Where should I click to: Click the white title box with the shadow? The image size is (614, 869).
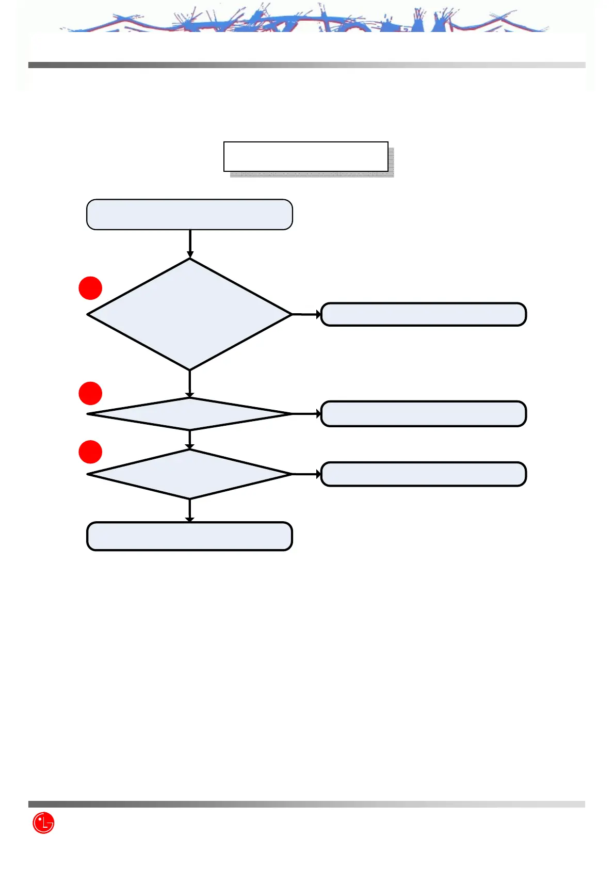(x=305, y=156)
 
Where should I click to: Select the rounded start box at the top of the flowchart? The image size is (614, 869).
(x=189, y=214)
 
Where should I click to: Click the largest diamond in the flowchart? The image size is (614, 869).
(x=189, y=314)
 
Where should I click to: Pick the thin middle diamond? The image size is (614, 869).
(x=189, y=413)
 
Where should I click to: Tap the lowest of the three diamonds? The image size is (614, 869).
(x=189, y=474)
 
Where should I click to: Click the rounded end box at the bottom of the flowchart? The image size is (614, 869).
(x=189, y=536)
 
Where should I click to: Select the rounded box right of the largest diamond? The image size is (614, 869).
(x=423, y=314)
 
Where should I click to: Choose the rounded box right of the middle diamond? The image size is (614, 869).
(x=423, y=413)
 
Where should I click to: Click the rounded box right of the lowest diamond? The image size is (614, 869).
(x=423, y=474)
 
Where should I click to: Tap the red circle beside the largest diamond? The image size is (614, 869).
(x=90, y=288)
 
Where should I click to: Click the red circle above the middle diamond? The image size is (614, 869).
(x=90, y=393)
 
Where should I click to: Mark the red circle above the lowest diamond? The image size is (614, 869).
(x=90, y=452)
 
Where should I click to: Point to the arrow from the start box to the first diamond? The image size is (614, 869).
(x=190, y=244)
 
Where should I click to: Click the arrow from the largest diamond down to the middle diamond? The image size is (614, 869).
(x=190, y=384)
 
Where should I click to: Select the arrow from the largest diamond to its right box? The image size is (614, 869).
(x=306, y=314)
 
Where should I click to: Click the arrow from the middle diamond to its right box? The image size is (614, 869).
(x=306, y=413)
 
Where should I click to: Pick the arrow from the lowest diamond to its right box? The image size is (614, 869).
(x=306, y=474)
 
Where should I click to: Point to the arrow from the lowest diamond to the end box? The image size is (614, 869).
(x=190, y=510)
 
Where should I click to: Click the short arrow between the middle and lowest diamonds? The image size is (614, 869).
(x=190, y=440)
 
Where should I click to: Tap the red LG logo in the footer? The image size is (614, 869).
(x=43, y=823)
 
